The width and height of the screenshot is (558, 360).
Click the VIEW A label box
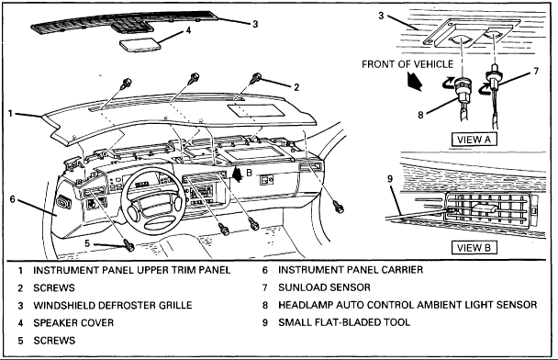click(x=474, y=140)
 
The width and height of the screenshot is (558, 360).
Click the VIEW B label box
click(x=474, y=247)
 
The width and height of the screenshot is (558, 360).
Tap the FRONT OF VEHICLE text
click(x=407, y=64)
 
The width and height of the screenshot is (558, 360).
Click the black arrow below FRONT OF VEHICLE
click(x=414, y=81)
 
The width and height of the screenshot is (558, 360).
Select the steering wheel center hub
click(x=154, y=206)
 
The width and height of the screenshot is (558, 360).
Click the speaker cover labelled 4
click(x=139, y=45)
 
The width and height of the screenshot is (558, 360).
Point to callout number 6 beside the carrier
click(x=13, y=198)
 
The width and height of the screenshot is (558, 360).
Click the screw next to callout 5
click(x=128, y=244)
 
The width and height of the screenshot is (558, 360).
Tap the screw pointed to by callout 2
click(x=257, y=78)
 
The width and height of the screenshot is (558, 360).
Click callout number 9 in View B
click(x=390, y=178)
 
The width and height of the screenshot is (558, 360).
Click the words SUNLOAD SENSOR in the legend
click(x=324, y=287)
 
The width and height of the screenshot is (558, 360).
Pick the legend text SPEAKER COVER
click(x=73, y=323)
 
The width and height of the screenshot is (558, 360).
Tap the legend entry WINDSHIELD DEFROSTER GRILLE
click(x=113, y=306)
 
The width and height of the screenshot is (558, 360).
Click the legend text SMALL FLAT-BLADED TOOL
click(x=344, y=322)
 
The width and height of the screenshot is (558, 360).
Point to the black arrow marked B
click(x=237, y=174)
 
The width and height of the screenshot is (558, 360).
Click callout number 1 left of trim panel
click(x=11, y=114)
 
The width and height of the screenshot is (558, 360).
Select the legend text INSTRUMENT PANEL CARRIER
click(x=351, y=270)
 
